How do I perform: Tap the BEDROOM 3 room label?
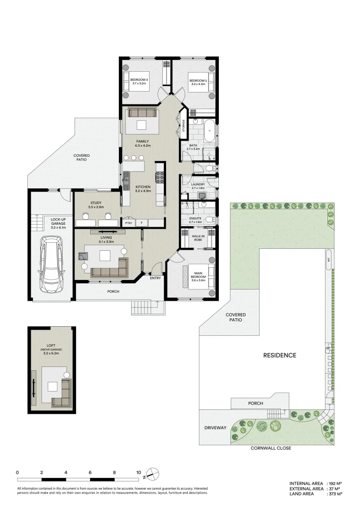click(x=139, y=80)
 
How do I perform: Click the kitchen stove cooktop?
click(x=159, y=178)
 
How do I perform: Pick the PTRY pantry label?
click(x=128, y=223)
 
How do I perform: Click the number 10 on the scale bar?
click(x=139, y=472)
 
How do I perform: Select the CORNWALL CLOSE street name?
click(x=271, y=448)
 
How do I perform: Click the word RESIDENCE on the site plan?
click(x=280, y=356)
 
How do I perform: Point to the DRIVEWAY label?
click(x=215, y=428)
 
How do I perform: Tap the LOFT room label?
click(x=51, y=346)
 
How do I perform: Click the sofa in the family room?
click(x=142, y=112)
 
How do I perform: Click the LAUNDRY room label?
click(x=198, y=185)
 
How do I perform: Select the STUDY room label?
click(x=95, y=203)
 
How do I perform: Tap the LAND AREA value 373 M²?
click(x=334, y=494)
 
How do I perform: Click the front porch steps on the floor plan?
click(x=147, y=308)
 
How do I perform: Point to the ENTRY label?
click(x=155, y=278)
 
